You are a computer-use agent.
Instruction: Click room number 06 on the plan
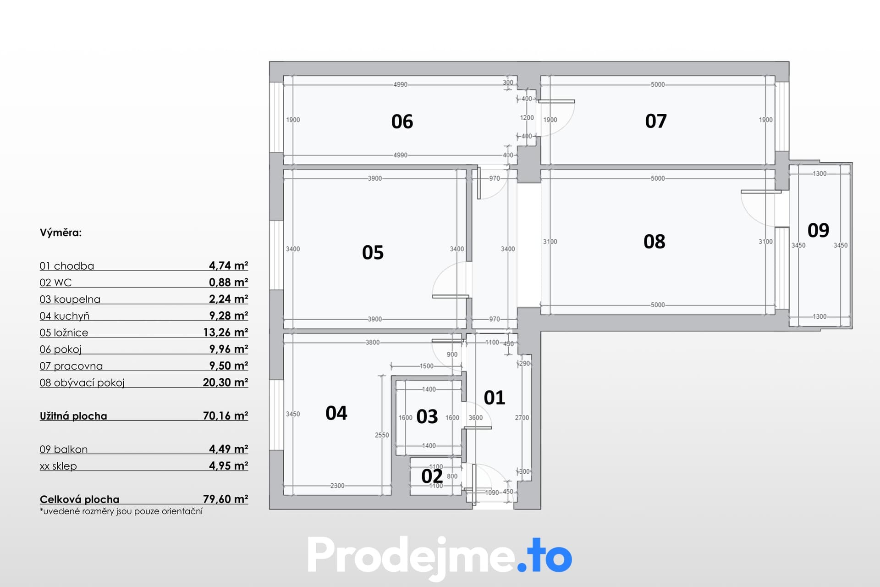click(x=402, y=122)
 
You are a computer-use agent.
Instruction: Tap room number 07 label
click(x=656, y=121)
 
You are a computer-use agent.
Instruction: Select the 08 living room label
click(x=654, y=242)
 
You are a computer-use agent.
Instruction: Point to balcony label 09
click(x=818, y=230)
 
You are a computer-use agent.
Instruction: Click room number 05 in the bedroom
click(x=373, y=253)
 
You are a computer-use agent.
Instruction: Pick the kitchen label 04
click(x=336, y=413)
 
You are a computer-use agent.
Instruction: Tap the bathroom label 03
click(x=427, y=417)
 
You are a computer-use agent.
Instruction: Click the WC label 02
click(x=432, y=476)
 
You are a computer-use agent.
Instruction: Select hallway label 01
click(x=495, y=398)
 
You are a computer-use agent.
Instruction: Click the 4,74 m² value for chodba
click(x=228, y=266)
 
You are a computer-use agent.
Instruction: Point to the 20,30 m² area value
click(x=225, y=382)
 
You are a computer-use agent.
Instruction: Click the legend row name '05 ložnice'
click(x=64, y=332)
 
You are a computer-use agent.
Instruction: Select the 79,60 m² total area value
click(x=225, y=499)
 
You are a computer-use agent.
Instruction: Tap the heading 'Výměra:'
click(x=60, y=233)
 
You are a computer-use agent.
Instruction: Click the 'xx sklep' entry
click(x=58, y=466)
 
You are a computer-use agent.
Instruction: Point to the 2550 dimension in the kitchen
click(x=382, y=435)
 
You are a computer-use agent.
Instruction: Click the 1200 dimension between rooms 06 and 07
click(x=527, y=118)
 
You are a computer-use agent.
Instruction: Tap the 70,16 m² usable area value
click(x=225, y=415)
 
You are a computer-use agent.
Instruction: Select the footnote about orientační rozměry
click(x=121, y=511)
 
